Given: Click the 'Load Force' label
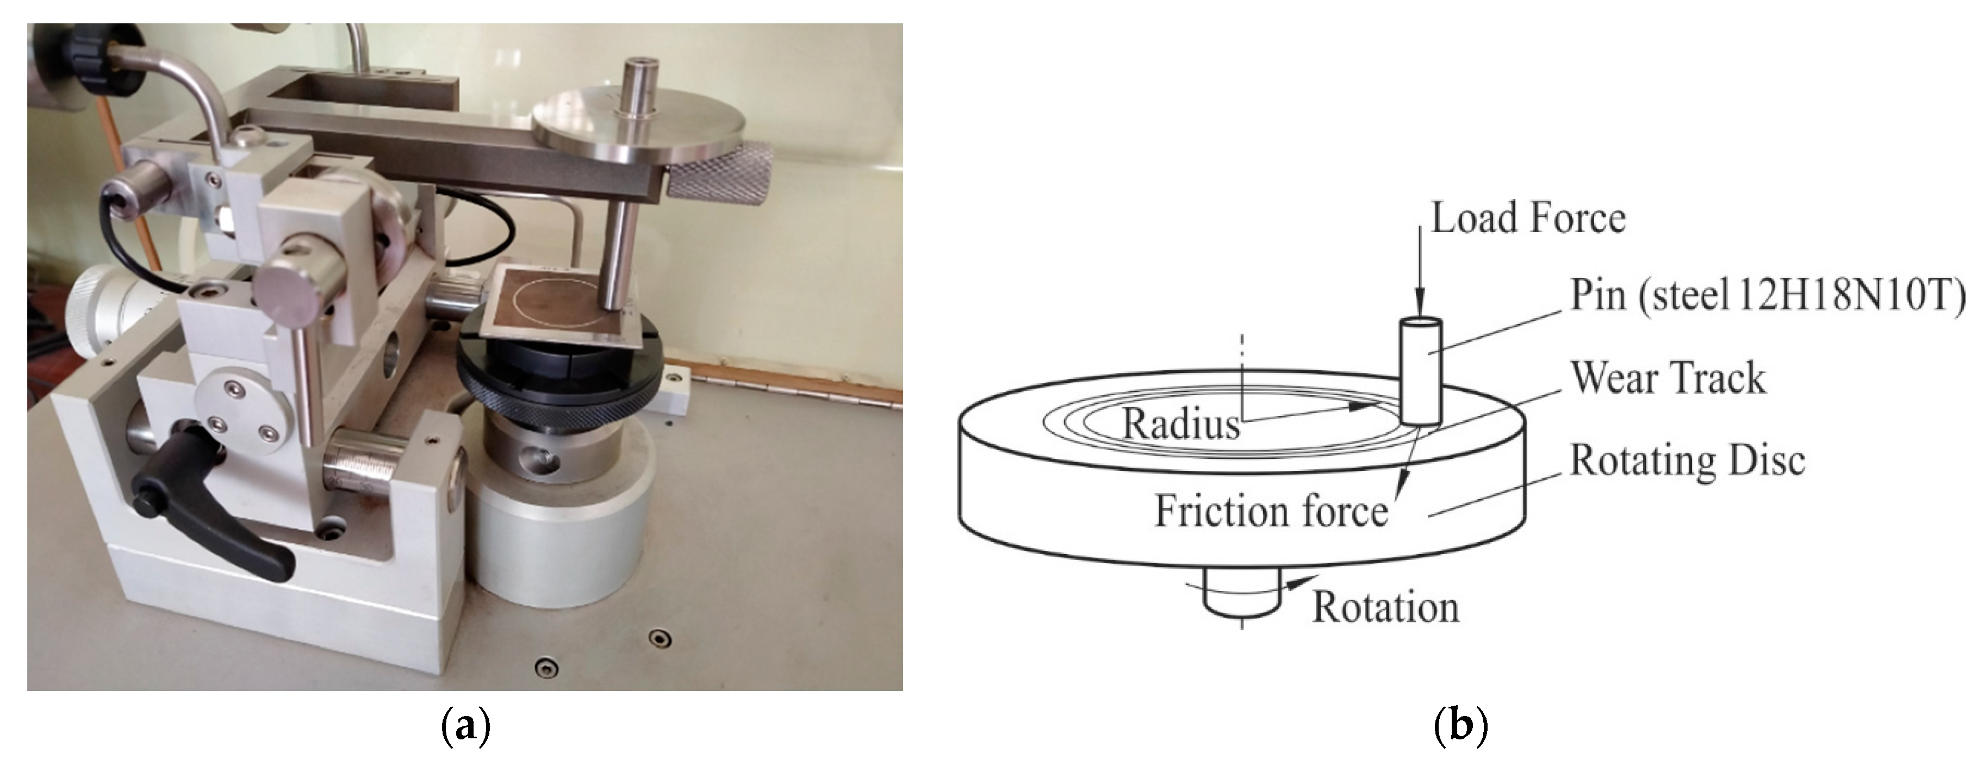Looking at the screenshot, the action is coord(1528,218).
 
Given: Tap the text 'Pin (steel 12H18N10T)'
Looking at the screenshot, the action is coord(1767,296).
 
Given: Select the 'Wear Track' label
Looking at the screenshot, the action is coord(1668,378).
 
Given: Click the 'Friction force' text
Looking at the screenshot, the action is coord(1271,511).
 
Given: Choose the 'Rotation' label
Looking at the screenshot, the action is coord(1385,607).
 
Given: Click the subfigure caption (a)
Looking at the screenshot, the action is coord(465,726).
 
